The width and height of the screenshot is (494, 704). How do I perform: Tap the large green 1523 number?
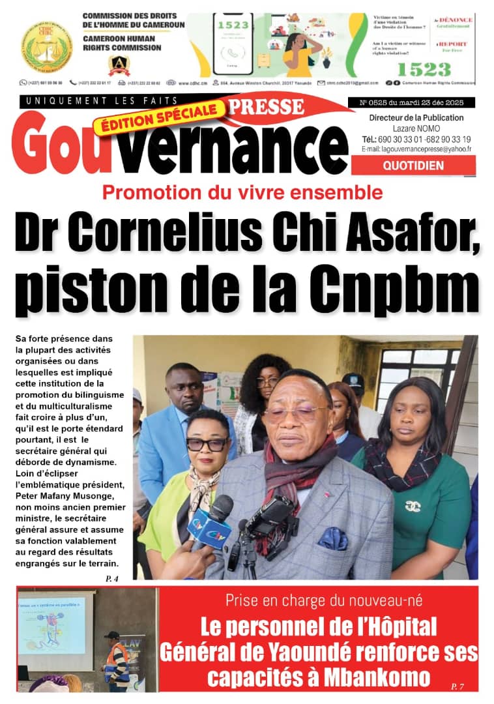pos(424,69)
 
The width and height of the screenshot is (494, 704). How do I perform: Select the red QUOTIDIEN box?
pos(413,166)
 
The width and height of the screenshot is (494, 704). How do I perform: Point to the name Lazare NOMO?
pos(416,128)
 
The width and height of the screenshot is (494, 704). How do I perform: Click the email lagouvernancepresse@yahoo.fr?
pos(416,149)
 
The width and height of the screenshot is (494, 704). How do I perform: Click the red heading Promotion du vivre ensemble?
pos(242,192)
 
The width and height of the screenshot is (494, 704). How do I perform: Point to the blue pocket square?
pos(332,538)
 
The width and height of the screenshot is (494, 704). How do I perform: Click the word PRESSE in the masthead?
pos(269,106)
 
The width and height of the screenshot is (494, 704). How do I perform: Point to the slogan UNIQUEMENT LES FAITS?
pos(99,100)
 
